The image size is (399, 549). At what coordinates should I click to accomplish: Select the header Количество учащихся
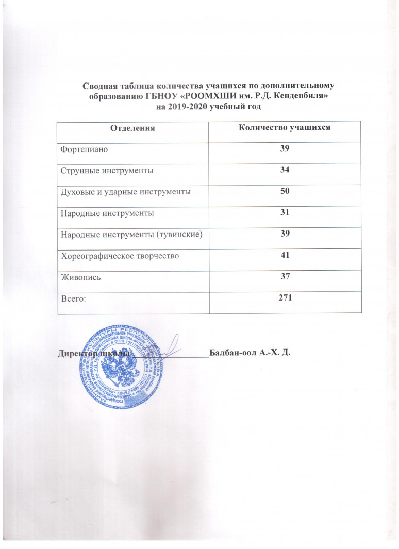pyautogui.click(x=282, y=127)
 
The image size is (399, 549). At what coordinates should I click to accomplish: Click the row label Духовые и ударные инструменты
pyautogui.click(x=123, y=192)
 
